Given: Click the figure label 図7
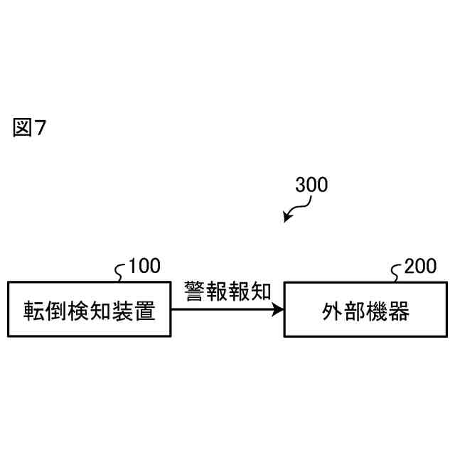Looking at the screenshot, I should coord(29,129).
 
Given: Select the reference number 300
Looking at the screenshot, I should coord(311,185).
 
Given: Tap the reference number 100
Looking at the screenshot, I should coord(144,267).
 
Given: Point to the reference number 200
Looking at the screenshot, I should coord(421,267).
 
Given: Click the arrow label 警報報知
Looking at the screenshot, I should coord(227,291).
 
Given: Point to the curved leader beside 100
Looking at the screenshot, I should coord(121,271).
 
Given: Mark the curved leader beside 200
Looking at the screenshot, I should coord(397,271).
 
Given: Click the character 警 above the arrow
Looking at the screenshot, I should coord(195,291).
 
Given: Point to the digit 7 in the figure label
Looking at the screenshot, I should coord(40,129).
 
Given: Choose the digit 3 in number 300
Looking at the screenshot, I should coord(301,185).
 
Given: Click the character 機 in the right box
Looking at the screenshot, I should coord(376,311).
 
